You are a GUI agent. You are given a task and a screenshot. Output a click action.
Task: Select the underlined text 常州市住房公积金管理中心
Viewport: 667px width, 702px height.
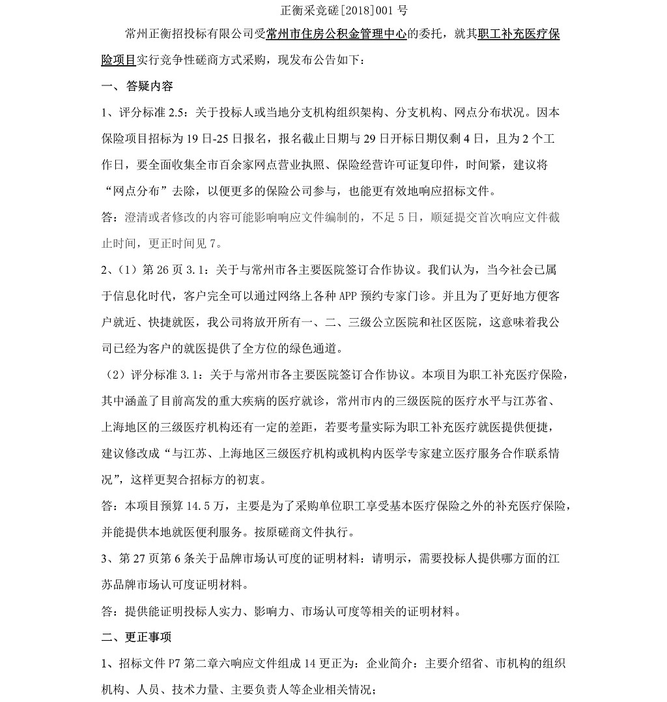[337, 35]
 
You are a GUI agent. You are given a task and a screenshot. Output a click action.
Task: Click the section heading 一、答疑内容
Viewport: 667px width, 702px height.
[137, 87]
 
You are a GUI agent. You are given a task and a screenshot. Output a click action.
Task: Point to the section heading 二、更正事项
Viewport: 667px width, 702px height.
[137, 637]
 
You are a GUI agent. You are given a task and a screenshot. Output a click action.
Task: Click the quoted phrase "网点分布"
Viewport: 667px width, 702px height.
[135, 192]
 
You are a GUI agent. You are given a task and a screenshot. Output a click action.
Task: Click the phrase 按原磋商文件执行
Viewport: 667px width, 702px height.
[302, 532]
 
